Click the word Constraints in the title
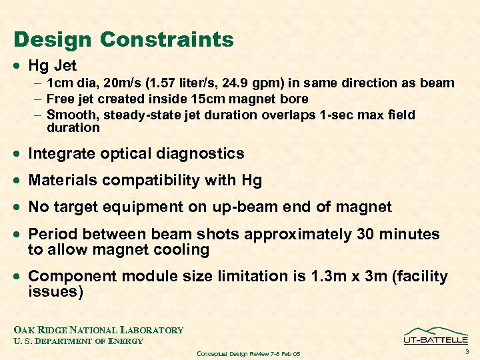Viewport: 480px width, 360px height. pyautogui.click(x=168, y=40)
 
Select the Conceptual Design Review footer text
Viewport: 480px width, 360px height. pyautogui.click(x=248, y=353)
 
